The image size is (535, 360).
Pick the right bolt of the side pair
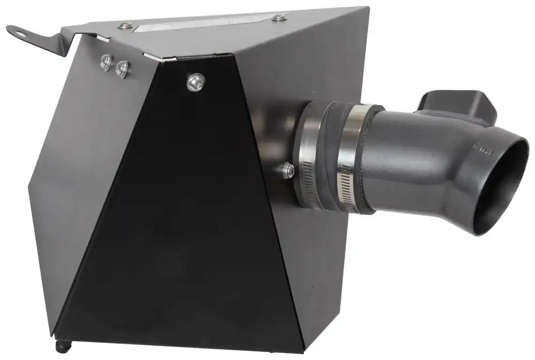point(123,68)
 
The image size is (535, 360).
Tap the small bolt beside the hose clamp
point(288,171)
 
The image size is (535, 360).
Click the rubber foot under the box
point(62,346)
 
